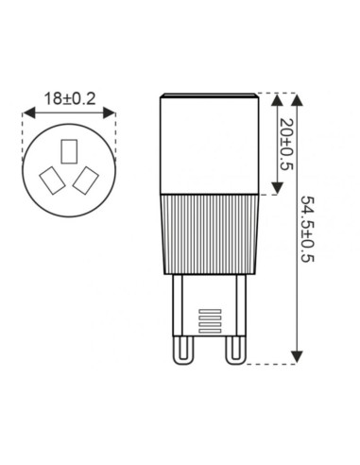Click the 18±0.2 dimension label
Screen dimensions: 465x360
tap(68, 97)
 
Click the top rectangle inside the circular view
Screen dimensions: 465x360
tap(67, 150)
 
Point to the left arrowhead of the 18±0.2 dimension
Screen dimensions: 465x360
tap(26, 112)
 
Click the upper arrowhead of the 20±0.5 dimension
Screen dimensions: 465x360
tap(274, 97)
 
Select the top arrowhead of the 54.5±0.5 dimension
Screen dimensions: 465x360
tap(299, 97)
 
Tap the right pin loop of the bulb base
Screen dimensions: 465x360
tap(234, 355)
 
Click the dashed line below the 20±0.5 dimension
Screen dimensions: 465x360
tap(266, 195)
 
